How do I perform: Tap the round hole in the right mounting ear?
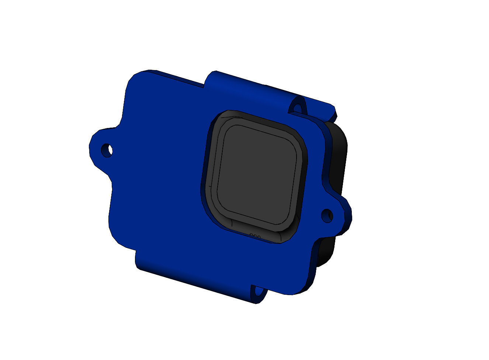click(327, 215)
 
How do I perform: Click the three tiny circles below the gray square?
click(255, 236)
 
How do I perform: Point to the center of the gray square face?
click(258, 175)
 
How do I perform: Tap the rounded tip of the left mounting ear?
click(92, 146)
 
